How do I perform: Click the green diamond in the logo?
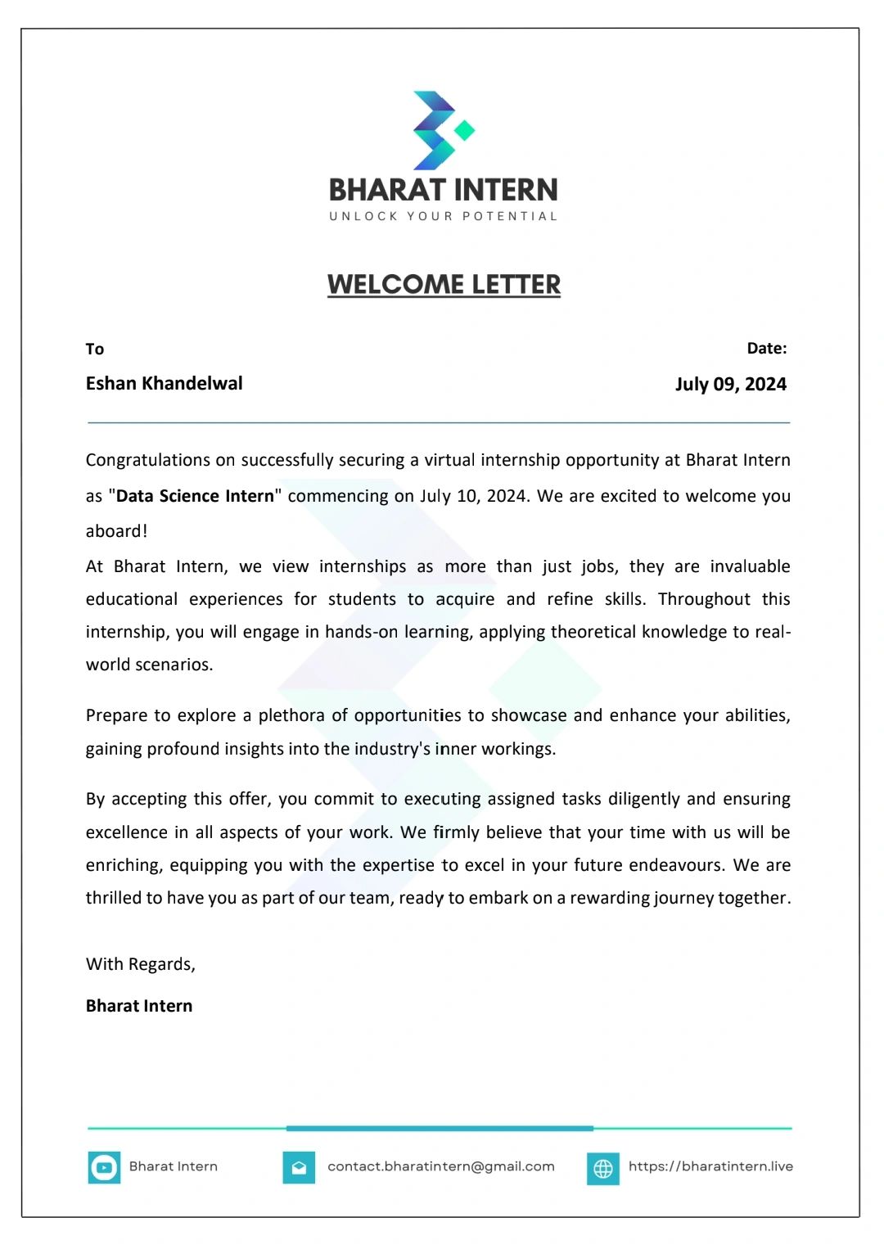tap(465, 130)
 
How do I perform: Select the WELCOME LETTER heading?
tap(444, 285)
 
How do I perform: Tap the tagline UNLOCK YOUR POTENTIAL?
tap(443, 217)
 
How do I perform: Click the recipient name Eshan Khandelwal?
tap(164, 384)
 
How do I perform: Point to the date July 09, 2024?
tap(730, 385)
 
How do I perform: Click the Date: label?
tap(766, 349)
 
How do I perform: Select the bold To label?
tap(95, 349)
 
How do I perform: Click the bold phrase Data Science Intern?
tap(195, 496)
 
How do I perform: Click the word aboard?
tap(117, 531)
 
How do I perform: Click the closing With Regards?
tap(141, 964)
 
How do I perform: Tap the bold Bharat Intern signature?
tap(139, 1006)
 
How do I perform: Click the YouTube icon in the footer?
tap(104, 1168)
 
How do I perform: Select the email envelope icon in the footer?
tap(299, 1168)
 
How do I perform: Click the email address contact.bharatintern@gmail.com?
tap(441, 1166)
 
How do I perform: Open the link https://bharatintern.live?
tap(710, 1166)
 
